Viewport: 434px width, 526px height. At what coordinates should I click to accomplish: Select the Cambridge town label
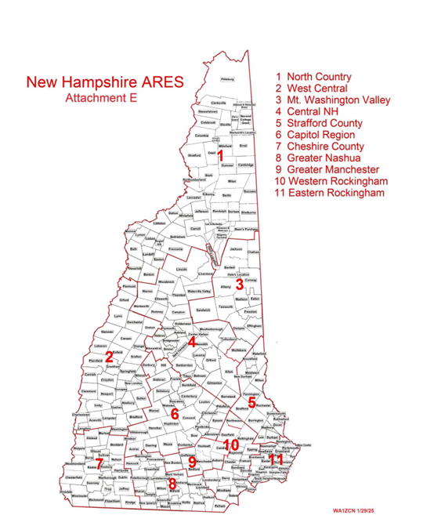coord(246,165)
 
